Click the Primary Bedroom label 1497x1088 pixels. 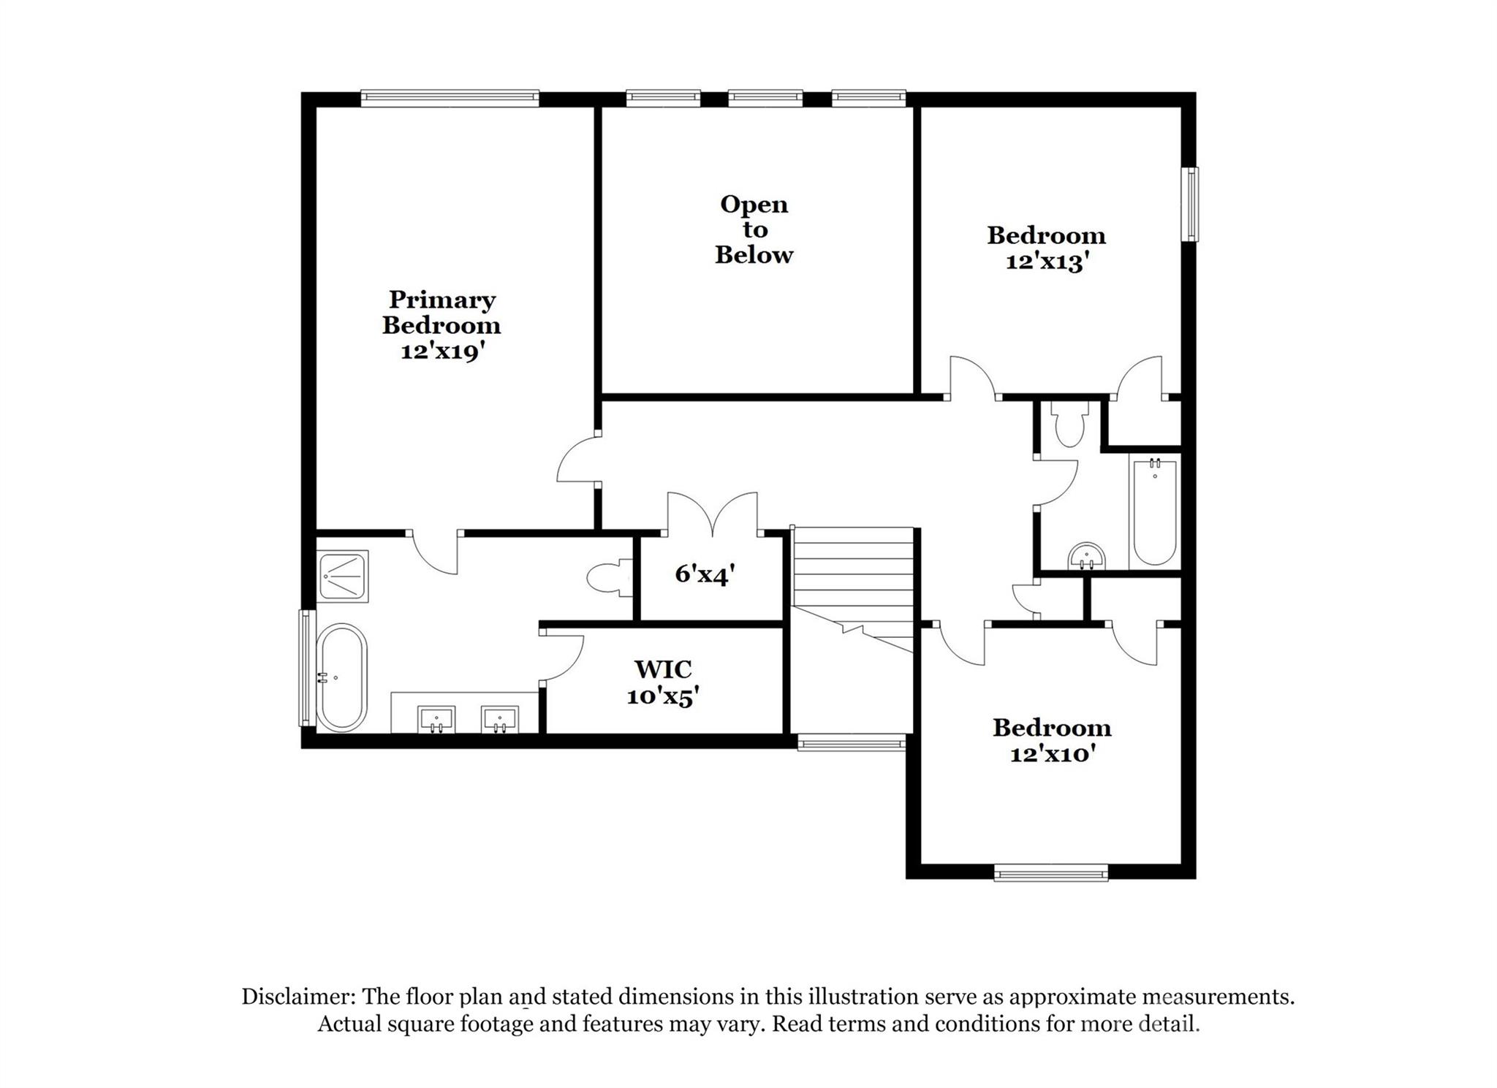441,312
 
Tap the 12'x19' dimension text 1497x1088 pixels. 443,352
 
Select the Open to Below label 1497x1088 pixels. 754,229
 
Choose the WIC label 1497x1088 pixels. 663,669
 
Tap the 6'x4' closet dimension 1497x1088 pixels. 704,574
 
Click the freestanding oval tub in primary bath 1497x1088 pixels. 341,677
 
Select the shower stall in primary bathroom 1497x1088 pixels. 343,576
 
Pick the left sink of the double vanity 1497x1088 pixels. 436,720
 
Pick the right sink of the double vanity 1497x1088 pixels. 500,720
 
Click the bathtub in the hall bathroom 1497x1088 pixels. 1154,512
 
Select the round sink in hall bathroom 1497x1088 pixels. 1087,558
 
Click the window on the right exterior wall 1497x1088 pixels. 1192,205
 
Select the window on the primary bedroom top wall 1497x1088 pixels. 450,99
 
